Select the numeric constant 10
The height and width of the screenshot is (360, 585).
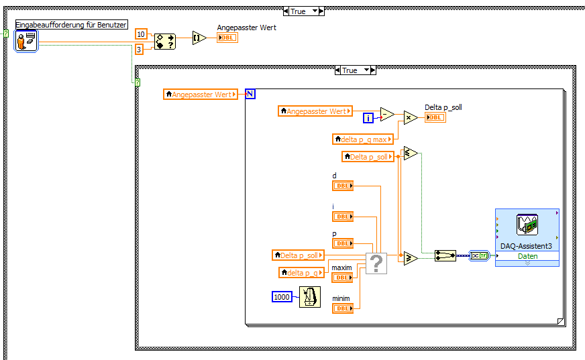(141, 34)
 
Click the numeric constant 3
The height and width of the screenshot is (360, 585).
(139, 50)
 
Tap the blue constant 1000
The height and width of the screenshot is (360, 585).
(282, 296)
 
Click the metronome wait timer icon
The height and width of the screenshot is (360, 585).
(309, 296)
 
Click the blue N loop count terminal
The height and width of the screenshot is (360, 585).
(250, 94)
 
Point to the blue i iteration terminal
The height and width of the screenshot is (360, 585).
(368, 118)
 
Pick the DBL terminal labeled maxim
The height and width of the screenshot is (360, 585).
(342, 278)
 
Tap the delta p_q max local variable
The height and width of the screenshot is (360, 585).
(362, 139)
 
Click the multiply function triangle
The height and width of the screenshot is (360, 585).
(410, 118)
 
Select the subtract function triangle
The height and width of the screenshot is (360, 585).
(387, 114)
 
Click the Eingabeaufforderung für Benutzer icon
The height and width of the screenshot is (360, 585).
(25, 41)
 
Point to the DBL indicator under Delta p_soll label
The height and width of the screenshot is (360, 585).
(435, 117)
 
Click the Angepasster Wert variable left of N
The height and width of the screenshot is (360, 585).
(201, 95)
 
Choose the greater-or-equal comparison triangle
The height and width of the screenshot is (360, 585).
(411, 258)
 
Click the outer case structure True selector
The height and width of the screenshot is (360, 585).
(304, 11)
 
